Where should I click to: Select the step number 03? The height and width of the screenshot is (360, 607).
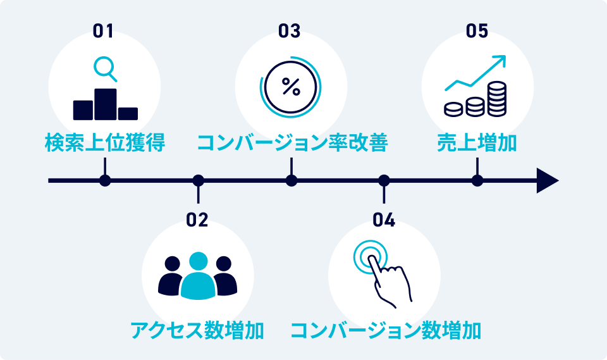click(290, 31)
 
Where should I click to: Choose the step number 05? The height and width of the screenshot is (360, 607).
click(477, 31)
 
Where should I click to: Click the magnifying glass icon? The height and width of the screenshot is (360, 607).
click(105, 68)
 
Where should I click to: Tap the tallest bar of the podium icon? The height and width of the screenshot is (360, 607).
click(106, 104)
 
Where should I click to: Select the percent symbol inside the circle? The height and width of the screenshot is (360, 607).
click(291, 87)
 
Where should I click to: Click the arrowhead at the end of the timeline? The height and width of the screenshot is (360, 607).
click(548, 181)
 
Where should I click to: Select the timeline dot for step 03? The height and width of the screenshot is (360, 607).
click(291, 181)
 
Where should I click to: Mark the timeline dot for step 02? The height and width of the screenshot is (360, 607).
click(198, 181)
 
